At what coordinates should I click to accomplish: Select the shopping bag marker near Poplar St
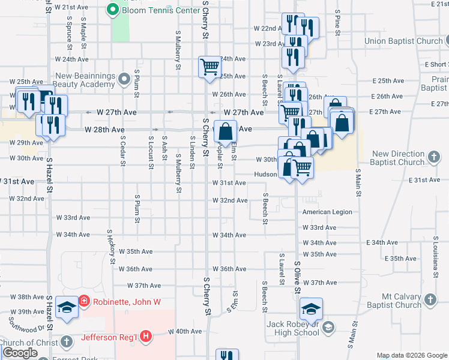224,131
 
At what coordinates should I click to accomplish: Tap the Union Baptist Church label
403,41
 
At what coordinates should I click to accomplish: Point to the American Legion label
327,212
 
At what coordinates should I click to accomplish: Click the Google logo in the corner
20,353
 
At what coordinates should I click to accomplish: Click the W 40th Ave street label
184,331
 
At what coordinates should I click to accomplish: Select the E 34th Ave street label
382,242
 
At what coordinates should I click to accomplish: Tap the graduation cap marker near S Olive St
311,308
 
